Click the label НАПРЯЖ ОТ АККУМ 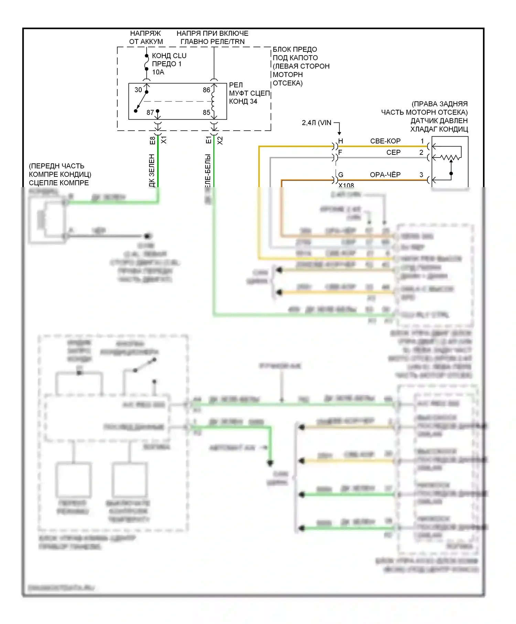(146, 37)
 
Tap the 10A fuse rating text (158, 72)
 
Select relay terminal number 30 (138, 90)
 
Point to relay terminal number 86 (206, 90)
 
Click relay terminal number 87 (150, 112)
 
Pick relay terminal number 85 (206, 112)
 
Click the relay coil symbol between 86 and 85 (213, 101)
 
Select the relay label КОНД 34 (243, 101)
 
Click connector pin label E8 (152, 140)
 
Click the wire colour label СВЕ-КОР (385, 141)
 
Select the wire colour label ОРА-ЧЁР (385, 175)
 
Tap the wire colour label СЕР (393, 152)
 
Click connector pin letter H (341, 141)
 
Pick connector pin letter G (341, 175)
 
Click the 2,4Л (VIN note (316, 123)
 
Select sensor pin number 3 (421, 175)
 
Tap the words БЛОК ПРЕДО (295, 50)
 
